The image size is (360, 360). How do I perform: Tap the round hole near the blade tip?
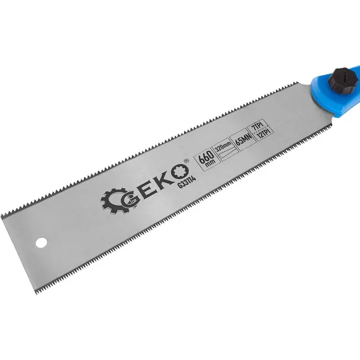pos(41,242)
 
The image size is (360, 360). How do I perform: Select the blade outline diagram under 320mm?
pos(225,153)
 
